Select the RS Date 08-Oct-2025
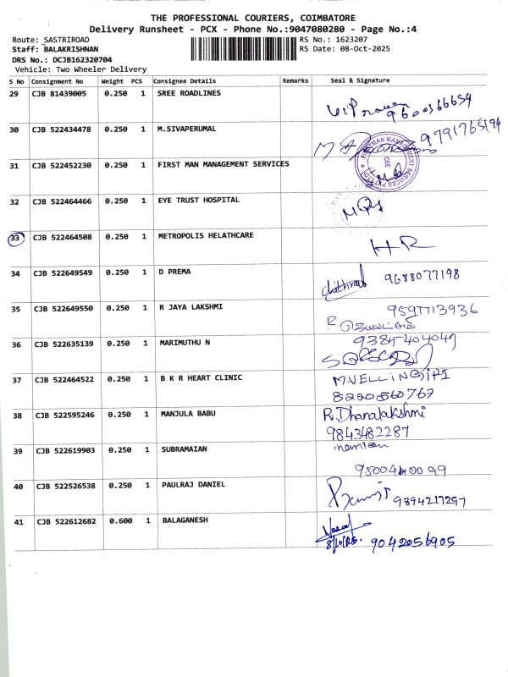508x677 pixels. click(360, 48)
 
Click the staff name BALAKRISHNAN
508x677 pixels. click(70, 49)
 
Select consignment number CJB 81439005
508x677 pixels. click(59, 93)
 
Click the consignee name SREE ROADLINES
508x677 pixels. click(189, 93)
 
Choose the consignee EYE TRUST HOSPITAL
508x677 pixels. click(198, 201)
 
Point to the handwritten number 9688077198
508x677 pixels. click(421, 276)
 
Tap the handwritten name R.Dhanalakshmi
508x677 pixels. click(373, 414)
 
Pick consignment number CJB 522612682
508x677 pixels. click(65, 520)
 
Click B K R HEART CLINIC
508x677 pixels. click(200, 377)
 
